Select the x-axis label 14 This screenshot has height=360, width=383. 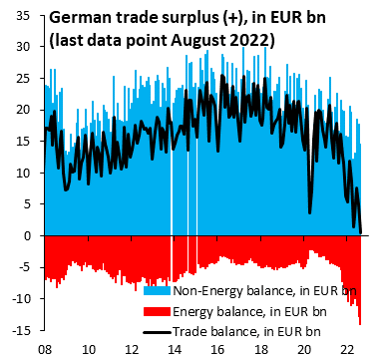click(x=175, y=349)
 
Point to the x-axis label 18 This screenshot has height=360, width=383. click(x=259, y=349)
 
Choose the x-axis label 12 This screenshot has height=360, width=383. click(x=132, y=349)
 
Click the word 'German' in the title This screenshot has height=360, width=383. click(x=81, y=18)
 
